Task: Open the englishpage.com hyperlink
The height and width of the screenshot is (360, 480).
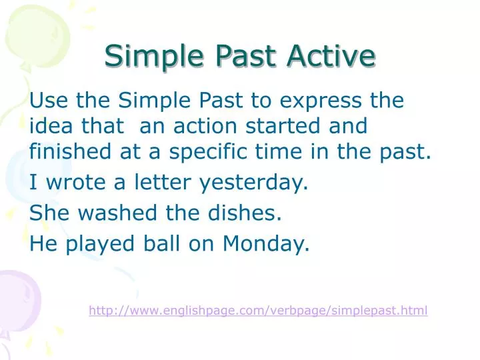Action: pyautogui.click(x=258, y=310)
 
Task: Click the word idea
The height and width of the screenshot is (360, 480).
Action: pyautogui.click(x=49, y=126)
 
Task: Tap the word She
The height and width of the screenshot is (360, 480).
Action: pyautogui.click(x=47, y=214)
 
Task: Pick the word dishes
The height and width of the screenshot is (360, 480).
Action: pyautogui.click(x=247, y=214)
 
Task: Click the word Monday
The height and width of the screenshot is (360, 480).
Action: pyautogui.click(x=265, y=245)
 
